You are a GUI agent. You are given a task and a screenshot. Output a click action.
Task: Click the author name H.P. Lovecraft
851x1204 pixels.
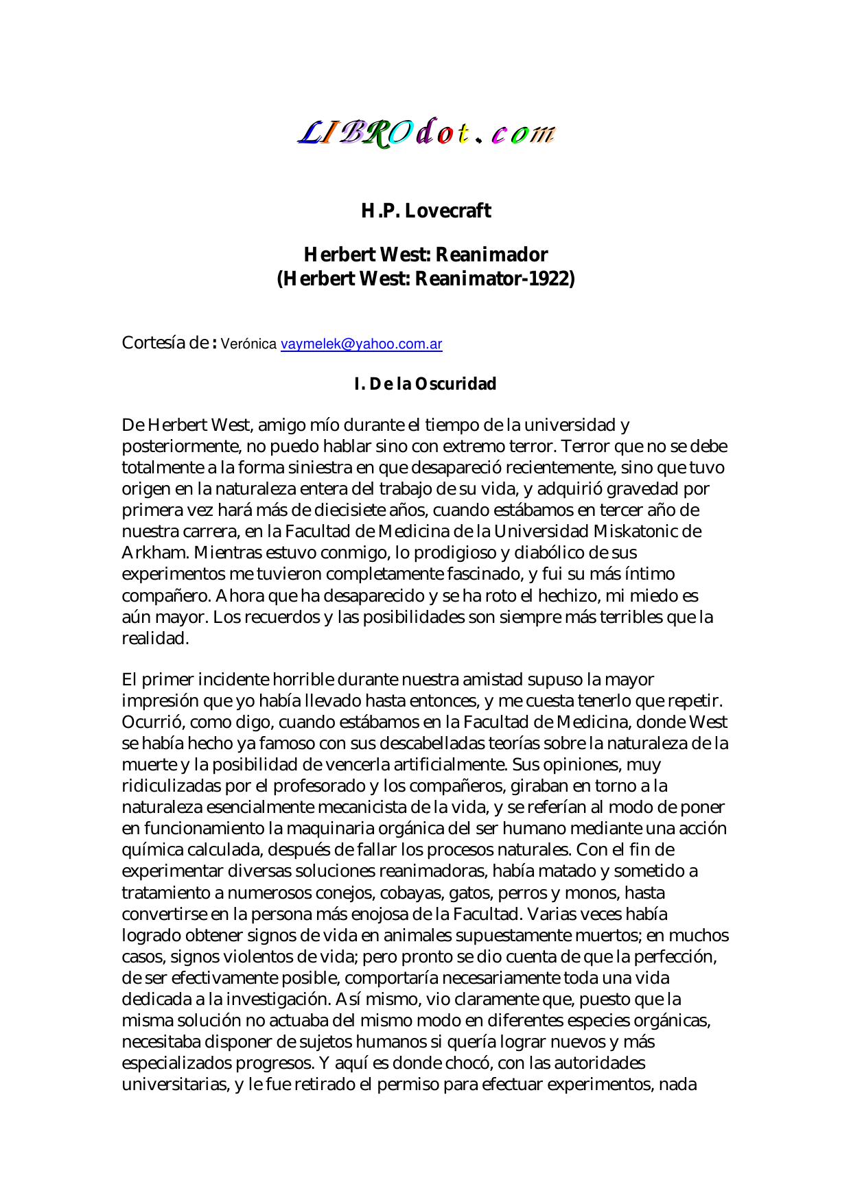[x=425, y=211]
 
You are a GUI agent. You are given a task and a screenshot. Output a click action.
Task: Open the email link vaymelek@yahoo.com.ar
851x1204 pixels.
[x=361, y=344]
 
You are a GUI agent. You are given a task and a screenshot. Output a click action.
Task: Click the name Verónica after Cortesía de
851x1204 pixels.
[x=248, y=344]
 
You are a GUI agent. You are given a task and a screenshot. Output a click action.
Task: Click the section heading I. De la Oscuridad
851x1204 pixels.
[x=425, y=384]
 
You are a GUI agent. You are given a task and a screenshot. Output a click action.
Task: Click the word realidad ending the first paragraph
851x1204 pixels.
[x=154, y=638]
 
